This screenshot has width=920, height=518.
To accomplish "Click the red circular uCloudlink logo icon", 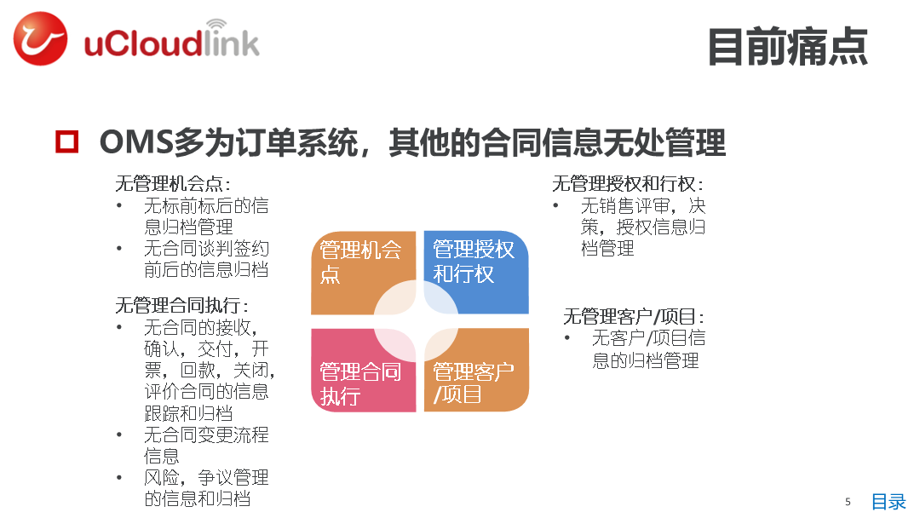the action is click(x=40, y=38).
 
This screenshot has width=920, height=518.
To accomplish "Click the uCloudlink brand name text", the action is click(x=171, y=40).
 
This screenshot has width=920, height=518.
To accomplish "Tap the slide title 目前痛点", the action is click(x=787, y=47).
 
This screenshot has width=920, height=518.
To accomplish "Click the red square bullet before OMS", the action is click(x=67, y=142).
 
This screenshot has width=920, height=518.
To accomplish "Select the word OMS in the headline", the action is click(x=136, y=142).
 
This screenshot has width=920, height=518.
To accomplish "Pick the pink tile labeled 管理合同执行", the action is click(x=363, y=370).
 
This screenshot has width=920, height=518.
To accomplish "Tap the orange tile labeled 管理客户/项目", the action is click(x=476, y=370).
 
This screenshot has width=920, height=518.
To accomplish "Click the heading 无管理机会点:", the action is click(x=173, y=184).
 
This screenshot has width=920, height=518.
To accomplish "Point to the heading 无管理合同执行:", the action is click(x=182, y=305).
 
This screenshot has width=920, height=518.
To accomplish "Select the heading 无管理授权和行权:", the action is click(x=628, y=184).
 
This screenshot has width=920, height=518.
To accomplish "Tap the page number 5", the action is click(x=848, y=502).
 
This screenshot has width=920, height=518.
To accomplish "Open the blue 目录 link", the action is click(x=888, y=502).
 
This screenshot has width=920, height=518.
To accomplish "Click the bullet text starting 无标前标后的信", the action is click(x=206, y=216).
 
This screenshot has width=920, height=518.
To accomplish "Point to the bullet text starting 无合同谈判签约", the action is click(x=206, y=259).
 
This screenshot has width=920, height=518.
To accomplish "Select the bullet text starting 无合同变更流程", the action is click(x=206, y=446).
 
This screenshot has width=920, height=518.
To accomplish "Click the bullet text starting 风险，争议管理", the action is click(x=206, y=488).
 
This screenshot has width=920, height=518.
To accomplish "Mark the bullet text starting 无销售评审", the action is click(x=643, y=227).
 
